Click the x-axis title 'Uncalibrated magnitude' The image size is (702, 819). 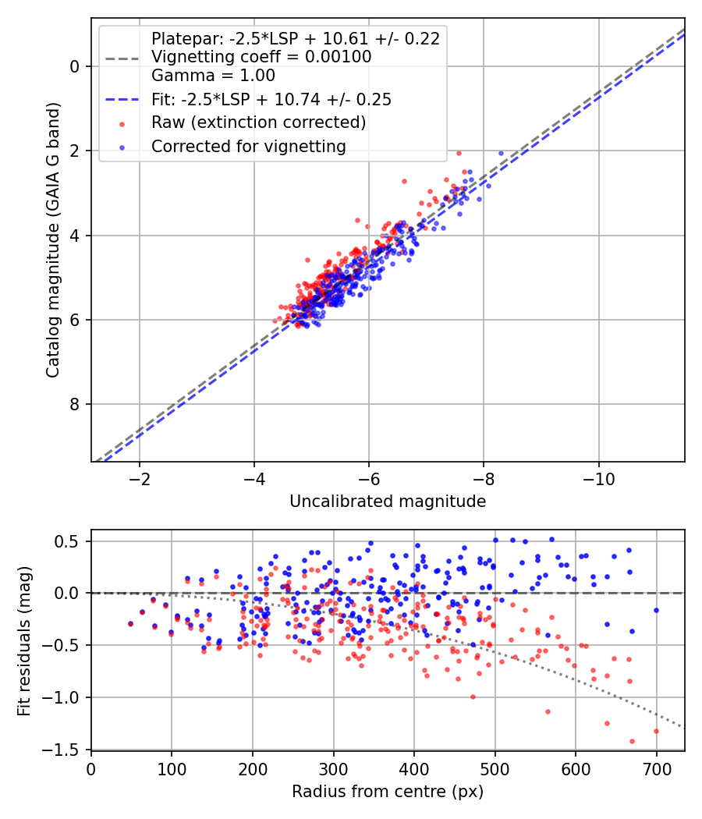[388, 502]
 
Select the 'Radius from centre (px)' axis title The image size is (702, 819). [388, 792]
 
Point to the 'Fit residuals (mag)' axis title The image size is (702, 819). [25, 640]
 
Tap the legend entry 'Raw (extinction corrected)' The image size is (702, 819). [258, 122]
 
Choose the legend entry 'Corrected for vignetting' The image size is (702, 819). [248, 146]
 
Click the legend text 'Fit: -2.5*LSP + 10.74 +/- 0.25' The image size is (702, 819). [271, 100]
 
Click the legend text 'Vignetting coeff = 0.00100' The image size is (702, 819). [261, 57]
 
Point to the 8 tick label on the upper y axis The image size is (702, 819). [76, 404]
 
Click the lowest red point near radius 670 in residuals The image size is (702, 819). [632, 741]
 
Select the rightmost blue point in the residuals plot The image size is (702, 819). [656, 610]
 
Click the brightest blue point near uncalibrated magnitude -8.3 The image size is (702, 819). [501, 153]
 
